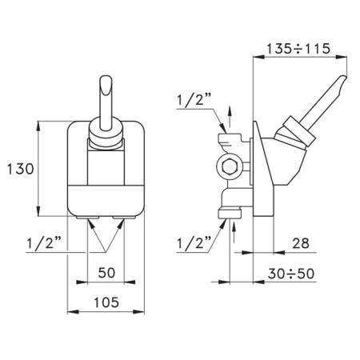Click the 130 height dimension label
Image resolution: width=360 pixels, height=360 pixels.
pos(20,169)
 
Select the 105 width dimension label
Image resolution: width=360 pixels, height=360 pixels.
pos(106,302)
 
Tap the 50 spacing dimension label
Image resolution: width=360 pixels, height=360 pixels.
pos(106,273)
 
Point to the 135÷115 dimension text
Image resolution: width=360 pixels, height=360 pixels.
pos(298,49)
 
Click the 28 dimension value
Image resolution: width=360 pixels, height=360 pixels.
pos(301,243)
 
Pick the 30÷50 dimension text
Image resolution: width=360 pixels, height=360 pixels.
pos(291,274)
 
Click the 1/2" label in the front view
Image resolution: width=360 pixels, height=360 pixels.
pos(44,243)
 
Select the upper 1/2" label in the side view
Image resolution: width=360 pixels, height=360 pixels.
pos(194,101)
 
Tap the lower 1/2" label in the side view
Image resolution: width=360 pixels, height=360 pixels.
pos(194,243)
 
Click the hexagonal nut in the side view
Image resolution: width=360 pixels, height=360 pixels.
pos(228,167)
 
